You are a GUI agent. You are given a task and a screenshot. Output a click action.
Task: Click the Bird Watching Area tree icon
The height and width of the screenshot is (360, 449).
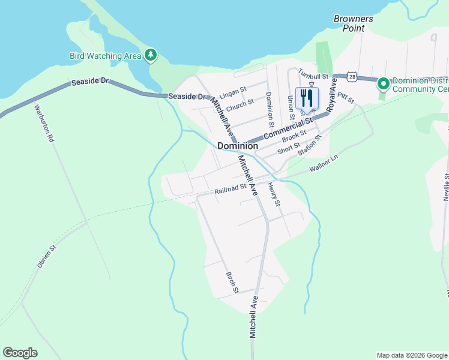151,56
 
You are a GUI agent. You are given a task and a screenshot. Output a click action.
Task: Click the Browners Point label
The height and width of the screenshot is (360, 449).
354,23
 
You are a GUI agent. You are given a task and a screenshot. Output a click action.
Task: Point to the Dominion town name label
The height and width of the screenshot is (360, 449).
238,146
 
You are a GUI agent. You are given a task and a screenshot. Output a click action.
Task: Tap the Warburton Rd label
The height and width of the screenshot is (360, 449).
44,123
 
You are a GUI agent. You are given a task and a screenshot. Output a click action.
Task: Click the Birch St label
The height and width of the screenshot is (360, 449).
232,283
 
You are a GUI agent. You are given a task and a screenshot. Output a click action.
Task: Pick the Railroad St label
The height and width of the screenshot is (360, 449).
231,189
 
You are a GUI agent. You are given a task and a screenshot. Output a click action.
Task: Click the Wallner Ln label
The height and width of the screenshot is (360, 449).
324,164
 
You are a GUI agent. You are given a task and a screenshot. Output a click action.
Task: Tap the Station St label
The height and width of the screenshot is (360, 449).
310,145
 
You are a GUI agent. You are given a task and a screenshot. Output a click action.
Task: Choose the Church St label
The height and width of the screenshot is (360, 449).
240,106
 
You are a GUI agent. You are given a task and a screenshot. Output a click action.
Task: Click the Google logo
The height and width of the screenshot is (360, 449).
20,353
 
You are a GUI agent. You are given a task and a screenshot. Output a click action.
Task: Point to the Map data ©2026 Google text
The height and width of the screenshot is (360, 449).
411,355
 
